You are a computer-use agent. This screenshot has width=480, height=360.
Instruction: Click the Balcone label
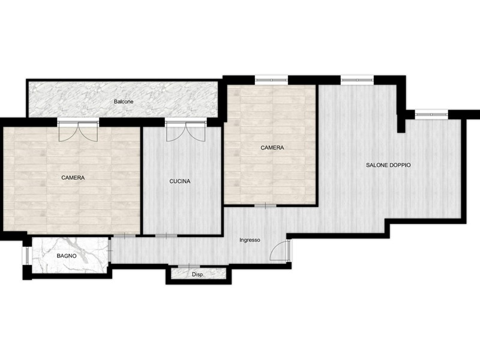point(124,101)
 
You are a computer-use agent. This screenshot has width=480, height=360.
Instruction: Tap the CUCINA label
point(180,181)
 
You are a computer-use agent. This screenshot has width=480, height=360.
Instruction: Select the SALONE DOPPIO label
point(388,165)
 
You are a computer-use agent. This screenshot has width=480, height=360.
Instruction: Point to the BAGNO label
point(67,256)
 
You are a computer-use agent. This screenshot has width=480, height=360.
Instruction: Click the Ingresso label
point(250,240)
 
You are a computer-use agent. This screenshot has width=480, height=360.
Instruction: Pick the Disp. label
point(198,275)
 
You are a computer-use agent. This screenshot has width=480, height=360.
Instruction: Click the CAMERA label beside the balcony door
point(73,178)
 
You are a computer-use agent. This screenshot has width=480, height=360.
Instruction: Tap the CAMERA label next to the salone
point(272,148)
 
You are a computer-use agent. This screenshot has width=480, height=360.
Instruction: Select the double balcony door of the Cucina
point(185,131)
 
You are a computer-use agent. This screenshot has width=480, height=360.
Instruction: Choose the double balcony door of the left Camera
point(79,130)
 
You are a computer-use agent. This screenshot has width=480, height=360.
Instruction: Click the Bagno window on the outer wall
point(26,256)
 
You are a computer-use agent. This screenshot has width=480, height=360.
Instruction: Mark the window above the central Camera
point(272,80)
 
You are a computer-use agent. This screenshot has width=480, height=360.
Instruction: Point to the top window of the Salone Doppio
point(357,80)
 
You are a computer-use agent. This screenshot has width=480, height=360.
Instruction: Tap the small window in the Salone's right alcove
point(431,114)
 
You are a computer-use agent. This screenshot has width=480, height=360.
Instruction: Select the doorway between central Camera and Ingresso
point(265,205)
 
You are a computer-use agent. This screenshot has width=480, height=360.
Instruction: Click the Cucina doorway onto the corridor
point(166,236)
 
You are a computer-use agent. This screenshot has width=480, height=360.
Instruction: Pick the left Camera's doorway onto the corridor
point(125,236)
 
